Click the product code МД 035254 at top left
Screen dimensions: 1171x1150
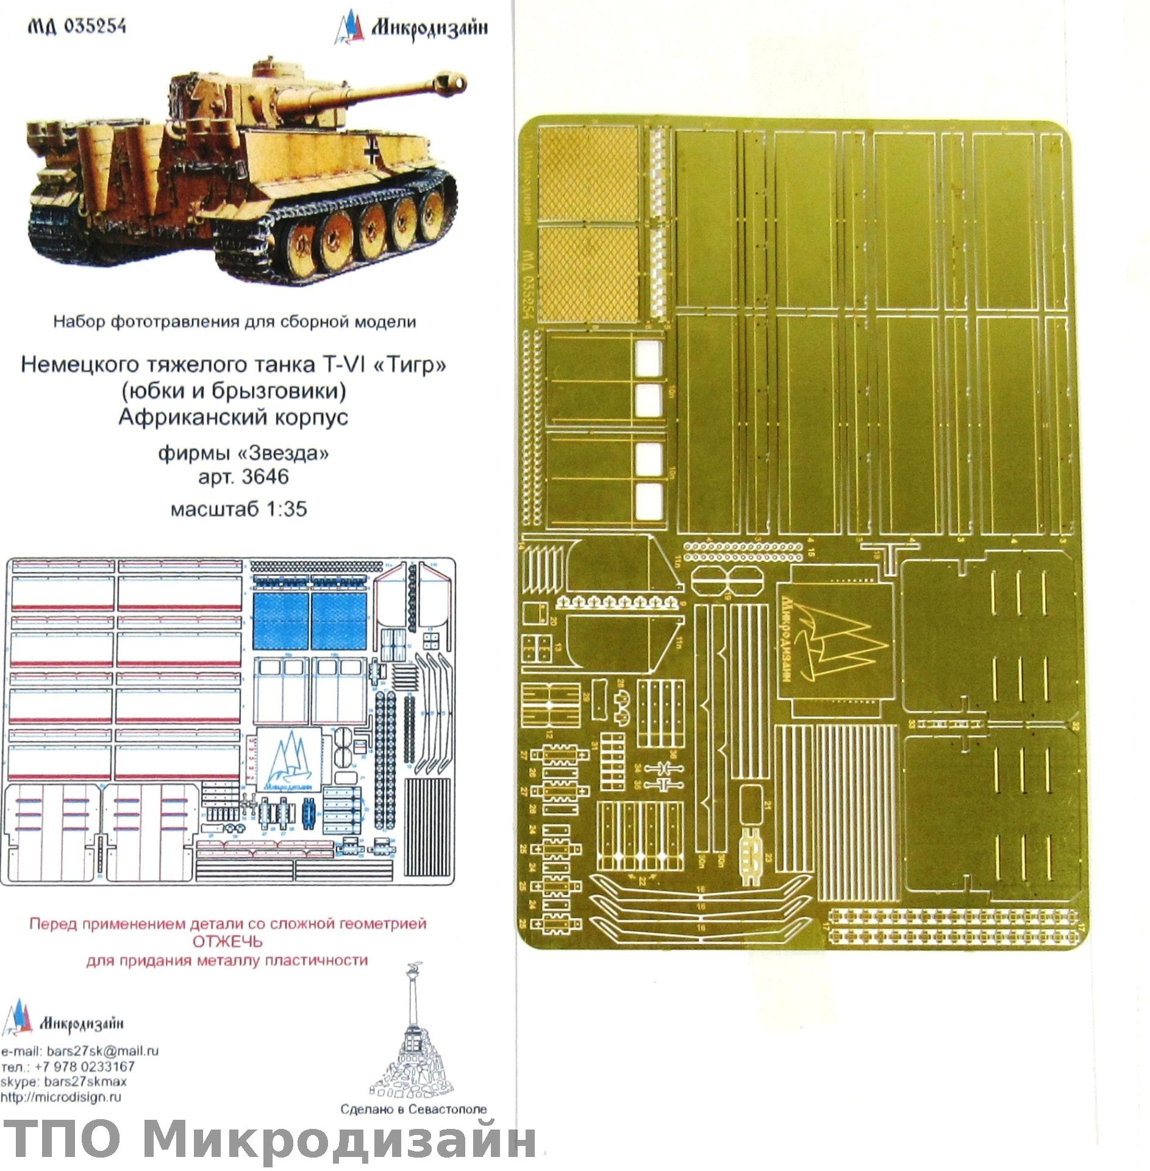76,26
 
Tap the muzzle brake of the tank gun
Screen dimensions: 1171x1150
451,83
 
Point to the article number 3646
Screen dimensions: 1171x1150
265,476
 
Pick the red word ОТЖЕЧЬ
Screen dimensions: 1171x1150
227,941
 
